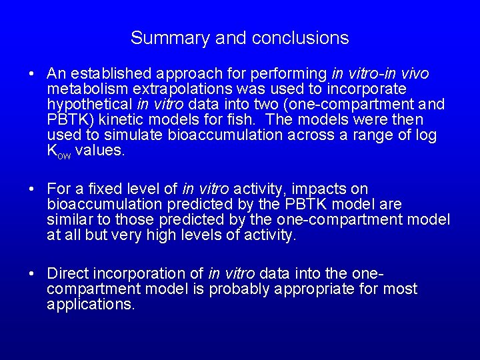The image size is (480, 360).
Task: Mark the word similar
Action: point(69,220)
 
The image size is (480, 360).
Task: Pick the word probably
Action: point(238,289)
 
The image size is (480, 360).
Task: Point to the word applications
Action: point(91,305)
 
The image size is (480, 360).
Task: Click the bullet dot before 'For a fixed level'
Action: point(32,190)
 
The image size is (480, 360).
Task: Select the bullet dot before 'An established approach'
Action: point(32,74)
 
